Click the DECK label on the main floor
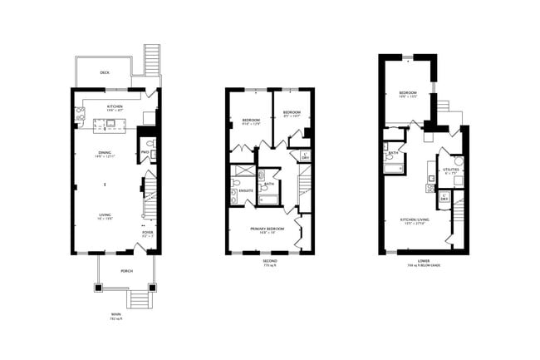[x=104, y=73]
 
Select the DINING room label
[x=105, y=152]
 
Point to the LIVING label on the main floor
[x=105, y=215]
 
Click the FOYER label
[x=147, y=233]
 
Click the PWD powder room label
[x=145, y=152]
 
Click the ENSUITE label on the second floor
[x=245, y=190]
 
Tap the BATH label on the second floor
[x=269, y=184]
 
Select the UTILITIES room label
[x=451, y=170]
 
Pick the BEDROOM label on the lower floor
[x=407, y=92]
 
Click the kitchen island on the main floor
[x=108, y=125]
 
